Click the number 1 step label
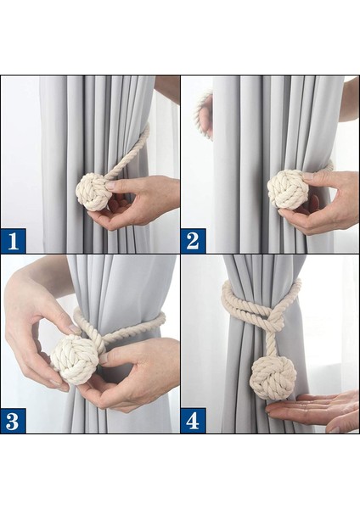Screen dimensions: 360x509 point(13,241)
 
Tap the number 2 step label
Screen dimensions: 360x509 point(193,241)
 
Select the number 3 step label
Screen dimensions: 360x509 point(13,421)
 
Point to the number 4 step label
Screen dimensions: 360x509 point(193,421)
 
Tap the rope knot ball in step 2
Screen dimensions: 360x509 point(285,189)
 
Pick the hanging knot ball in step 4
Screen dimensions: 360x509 point(269,377)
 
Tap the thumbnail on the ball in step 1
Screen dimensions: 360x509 point(111,186)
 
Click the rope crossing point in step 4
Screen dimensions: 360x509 point(269,320)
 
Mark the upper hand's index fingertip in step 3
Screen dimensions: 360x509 point(76,330)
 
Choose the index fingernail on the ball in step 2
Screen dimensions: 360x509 point(308,176)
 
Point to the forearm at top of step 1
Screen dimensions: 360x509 point(167,88)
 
